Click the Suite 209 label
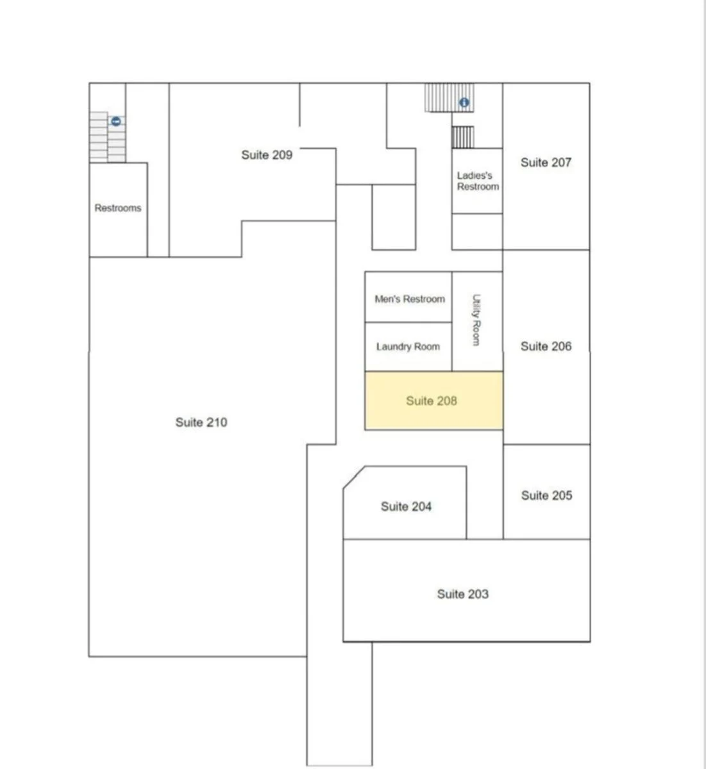coord(267,155)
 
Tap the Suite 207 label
coord(546,163)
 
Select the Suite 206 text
coord(546,347)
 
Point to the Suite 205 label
coord(546,495)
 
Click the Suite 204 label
coord(406,506)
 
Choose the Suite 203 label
coord(463,594)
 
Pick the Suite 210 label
coord(201,422)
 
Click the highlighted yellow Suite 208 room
coord(433,401)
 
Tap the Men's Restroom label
coord(410,299)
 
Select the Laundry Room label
coord(408,347)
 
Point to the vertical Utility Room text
coord(476,320)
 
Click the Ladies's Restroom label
coord(478,181)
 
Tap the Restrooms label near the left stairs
coord(118,208)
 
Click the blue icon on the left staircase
coord(116,121)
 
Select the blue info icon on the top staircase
coord(464,103)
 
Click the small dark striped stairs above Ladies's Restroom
coord(463,137)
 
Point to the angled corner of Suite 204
coord(354,477)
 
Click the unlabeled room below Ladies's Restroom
coord(477,231)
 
